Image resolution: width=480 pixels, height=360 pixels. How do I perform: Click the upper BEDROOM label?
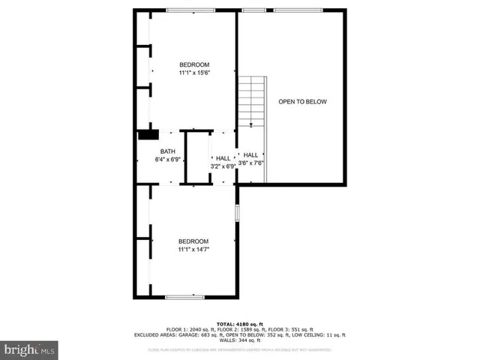193,64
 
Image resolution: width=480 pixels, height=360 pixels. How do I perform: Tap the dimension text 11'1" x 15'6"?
193,73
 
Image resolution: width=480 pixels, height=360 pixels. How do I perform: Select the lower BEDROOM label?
193,241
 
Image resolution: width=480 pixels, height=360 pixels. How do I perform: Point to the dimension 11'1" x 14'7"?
193,250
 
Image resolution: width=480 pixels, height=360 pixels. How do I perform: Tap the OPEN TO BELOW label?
302,101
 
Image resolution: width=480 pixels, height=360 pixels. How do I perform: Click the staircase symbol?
252,102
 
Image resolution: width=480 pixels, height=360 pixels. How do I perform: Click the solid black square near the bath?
148,135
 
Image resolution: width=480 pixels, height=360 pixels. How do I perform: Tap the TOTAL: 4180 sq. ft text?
239,323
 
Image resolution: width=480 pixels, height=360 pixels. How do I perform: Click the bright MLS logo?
28,349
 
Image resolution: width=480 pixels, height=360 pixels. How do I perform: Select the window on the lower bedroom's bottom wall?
184,298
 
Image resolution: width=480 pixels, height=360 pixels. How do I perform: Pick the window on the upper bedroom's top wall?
189,10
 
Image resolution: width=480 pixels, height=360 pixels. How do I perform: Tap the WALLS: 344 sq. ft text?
239,341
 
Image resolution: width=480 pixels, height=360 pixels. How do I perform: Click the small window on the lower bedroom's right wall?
238,212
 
